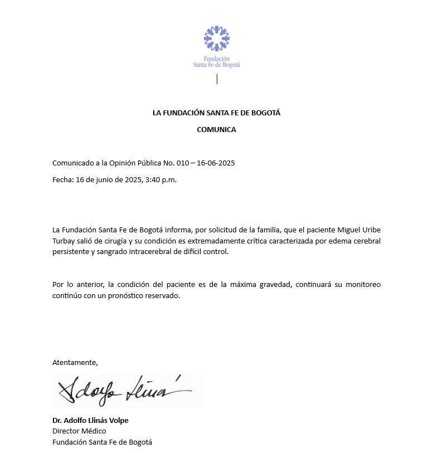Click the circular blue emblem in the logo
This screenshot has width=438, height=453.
click(x=216, y=38)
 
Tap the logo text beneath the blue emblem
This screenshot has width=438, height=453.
click(x=216, y=61)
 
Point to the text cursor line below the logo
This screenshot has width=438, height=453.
click(x=217, y=79)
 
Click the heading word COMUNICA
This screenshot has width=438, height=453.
click(x=216, y=130)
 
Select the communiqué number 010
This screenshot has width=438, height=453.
click(x=183, y=163)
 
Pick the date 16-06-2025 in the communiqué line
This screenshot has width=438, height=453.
click(x=216, y=163)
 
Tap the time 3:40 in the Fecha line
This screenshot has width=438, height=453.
click(x=152, y=180)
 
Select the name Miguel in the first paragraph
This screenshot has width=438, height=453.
click(x=350, y=230)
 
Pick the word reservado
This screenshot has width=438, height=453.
click(x=162, y=296)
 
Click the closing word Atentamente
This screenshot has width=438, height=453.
click(x=75, y=362)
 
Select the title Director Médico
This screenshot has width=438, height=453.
click(x=79, y=431)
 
